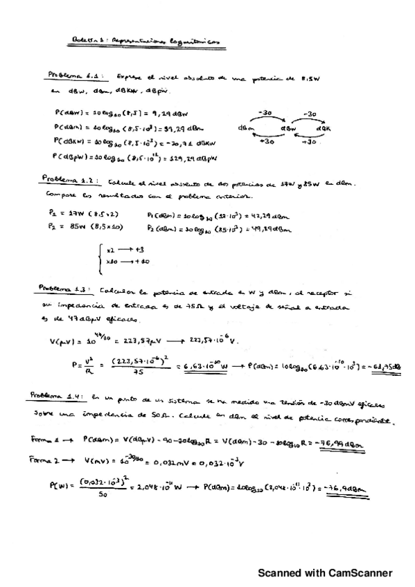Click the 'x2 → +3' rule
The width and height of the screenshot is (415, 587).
[125, 250]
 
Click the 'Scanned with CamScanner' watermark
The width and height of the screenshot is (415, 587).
[325, 572]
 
